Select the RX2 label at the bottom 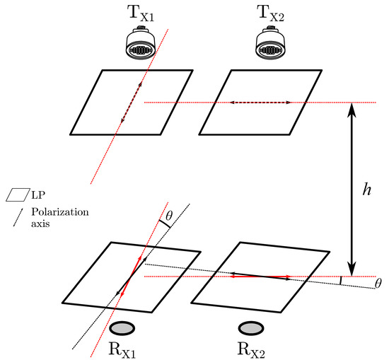pyautogui.click(x=250, y=349)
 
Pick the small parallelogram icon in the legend pyautogui.click(x=13, y=193)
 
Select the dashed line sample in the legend pyautogui.click(x=13, y=216)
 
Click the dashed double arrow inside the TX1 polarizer pyautogui.click(x=130, y=103)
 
